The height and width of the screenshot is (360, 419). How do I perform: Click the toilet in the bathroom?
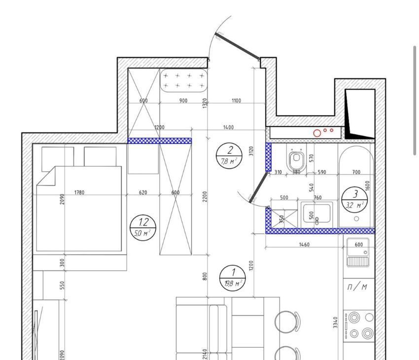coord(296,159)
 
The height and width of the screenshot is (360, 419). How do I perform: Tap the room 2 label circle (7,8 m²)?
coord(229,155)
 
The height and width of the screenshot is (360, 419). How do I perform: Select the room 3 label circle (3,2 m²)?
coord(354,199)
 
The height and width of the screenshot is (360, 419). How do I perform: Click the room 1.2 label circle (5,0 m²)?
coord(143,227)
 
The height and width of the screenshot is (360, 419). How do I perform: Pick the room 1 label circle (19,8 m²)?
coord(232,278)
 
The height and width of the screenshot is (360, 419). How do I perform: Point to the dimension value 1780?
coord(79,192)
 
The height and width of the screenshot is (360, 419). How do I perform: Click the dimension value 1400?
coord(228,127)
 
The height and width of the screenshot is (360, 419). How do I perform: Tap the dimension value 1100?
coord(236,101)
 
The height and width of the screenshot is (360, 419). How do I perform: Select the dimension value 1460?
coord(304,244)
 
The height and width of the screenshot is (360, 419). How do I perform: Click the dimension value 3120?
coord(251,151)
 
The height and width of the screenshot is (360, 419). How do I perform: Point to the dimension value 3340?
coord(335,323)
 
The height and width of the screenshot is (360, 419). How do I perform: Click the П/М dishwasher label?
coord(357,287)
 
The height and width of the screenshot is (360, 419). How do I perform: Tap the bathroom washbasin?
coord(316,215)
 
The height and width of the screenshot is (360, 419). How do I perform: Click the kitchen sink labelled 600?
coord(358,252)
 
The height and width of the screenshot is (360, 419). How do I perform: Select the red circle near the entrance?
coord(317,133)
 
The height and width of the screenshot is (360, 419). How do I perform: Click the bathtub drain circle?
coord(356,218)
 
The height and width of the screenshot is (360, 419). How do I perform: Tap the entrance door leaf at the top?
coord(238,46)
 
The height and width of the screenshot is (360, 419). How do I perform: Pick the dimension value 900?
coord(183,101)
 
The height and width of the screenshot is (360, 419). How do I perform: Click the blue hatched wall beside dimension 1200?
coord(160,141)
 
